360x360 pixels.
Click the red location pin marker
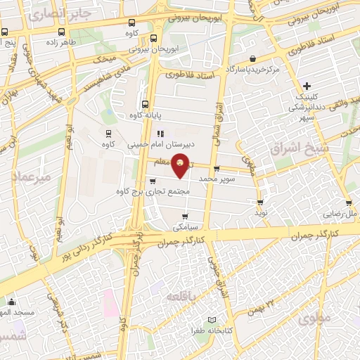(181, 165)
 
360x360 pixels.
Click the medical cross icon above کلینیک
(307, 84)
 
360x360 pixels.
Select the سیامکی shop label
(185, 227)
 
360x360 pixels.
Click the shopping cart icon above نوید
(261, 202)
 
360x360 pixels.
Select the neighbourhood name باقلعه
(182, 297)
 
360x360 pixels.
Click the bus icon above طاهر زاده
(64, 32)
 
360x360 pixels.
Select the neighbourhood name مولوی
(313, 319)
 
